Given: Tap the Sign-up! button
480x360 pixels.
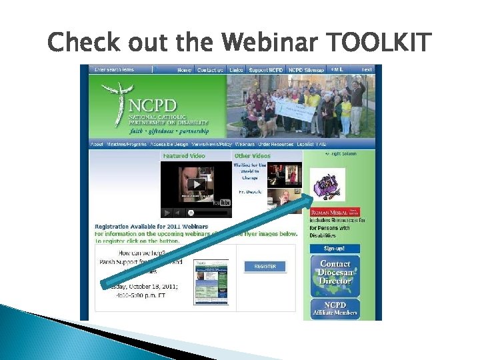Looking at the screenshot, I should point(333,248).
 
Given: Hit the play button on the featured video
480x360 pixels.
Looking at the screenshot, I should point(196,184).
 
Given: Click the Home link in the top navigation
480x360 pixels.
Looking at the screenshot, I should point(185,70).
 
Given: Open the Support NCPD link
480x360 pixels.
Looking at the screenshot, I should point(267,70).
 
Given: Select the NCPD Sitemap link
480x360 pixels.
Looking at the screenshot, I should point(307,70).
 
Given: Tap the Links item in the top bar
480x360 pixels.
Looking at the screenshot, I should point(236,70).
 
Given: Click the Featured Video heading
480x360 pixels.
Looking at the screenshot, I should point(185,156).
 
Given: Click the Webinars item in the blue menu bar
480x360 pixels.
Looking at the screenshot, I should point(245,144).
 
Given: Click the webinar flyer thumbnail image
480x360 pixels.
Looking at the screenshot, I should point(211,281).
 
